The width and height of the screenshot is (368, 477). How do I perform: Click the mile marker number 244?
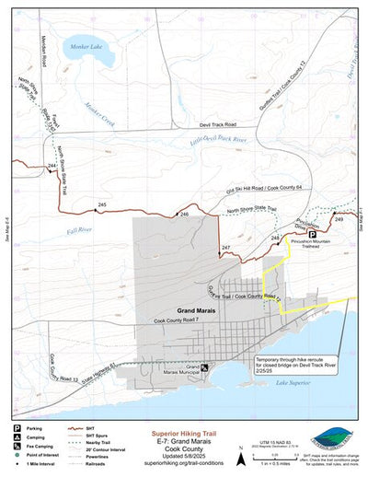[x=52, y=166]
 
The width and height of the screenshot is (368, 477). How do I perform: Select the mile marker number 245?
[x=101, y=204]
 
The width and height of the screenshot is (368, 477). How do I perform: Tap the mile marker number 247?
[x=226, y=249]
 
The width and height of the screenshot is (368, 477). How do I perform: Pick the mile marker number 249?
[x=339, y=219]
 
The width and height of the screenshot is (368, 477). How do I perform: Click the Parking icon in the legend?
[x=16, y=429]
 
